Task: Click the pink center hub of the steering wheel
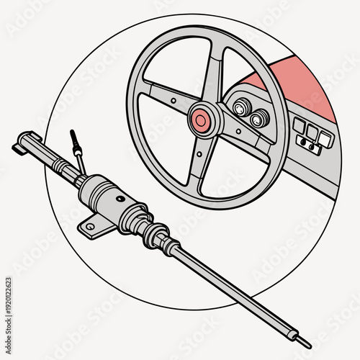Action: pyautogui.click(x=202, y=119)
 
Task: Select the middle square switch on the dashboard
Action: pyautogui.click(x=312, y=132)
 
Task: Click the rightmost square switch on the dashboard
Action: pyautogui.click(x=325, y=140)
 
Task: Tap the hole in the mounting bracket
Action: pyautogui.click(x=89, y=227)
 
